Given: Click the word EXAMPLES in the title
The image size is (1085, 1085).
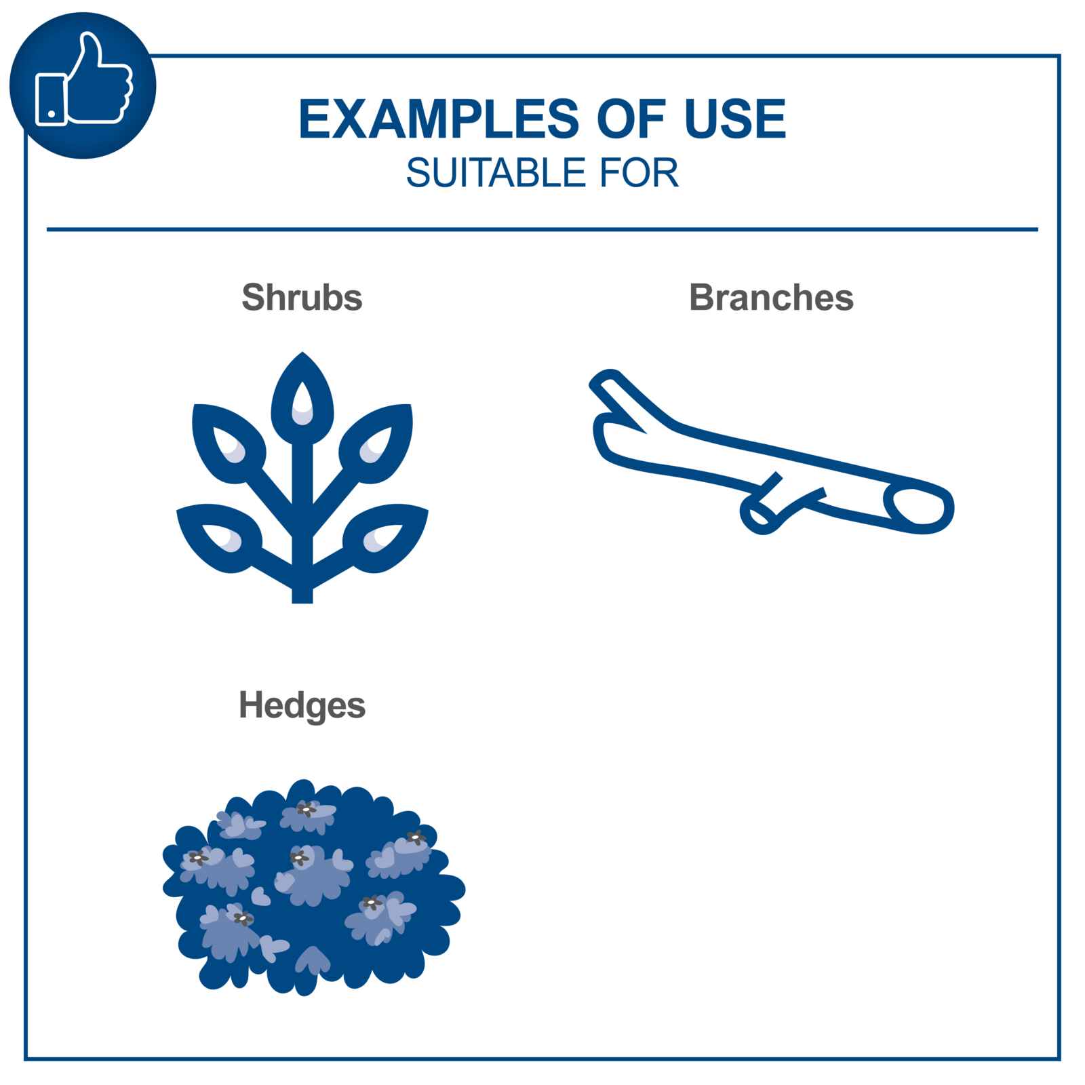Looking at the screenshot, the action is (438, 119).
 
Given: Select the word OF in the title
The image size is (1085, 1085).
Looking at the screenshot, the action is (624, 119).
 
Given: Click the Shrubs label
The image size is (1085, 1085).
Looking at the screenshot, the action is (302, 297).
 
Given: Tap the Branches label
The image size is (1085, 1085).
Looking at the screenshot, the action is (771, 297).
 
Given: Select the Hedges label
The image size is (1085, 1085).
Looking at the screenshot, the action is (302, 705).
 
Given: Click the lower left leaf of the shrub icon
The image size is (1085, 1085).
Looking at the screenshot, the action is (220, 536).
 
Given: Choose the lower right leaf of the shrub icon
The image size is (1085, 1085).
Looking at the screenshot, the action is (385, 536).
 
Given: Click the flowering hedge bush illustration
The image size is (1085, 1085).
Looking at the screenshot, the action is (313, 887).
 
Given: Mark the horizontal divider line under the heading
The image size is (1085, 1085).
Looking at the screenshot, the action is (542, 230).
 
